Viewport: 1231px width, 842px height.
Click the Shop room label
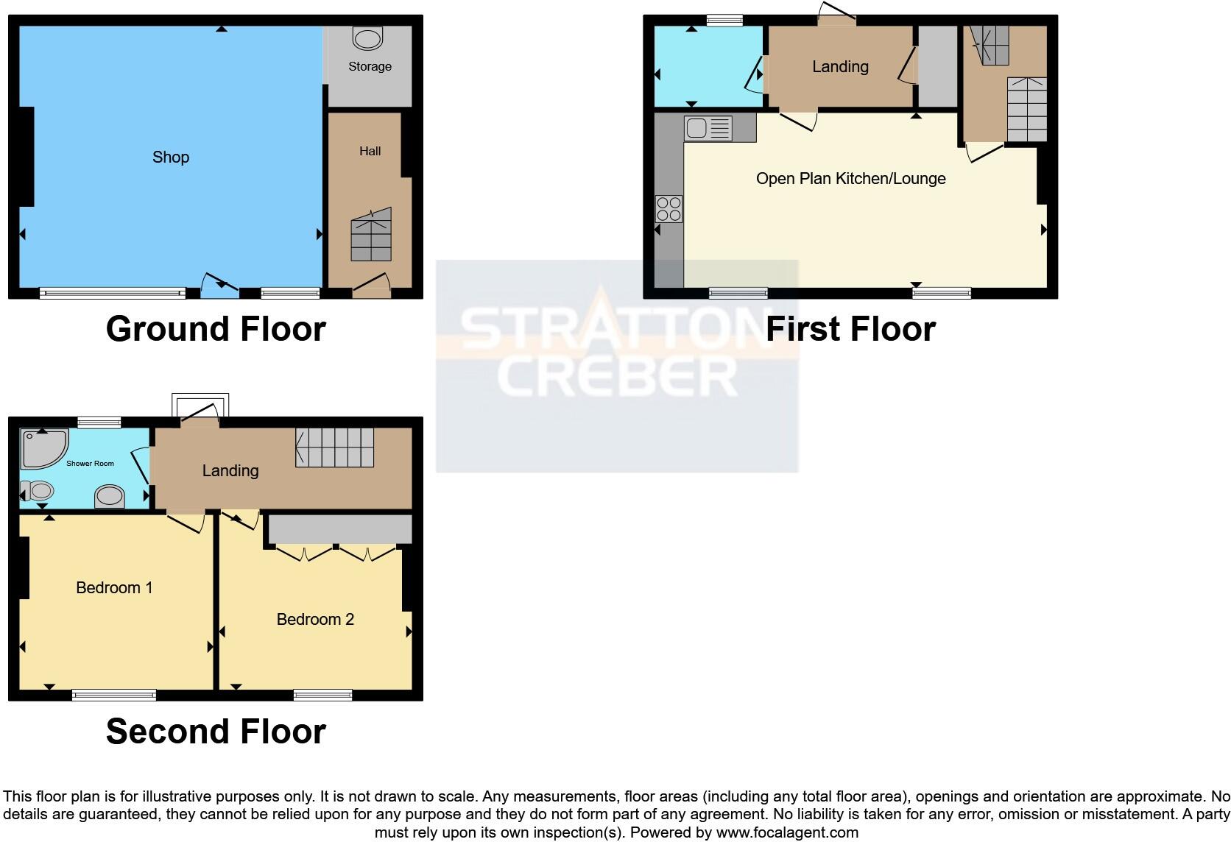click(x=171, y=157)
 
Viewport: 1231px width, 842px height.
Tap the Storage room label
click(x=370, y=66)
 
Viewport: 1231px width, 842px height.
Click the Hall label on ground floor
click(x=370, y=151)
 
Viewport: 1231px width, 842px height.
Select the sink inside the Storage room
click(x=367, y=38)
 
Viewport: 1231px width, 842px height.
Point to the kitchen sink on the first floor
click(x=708, y=129)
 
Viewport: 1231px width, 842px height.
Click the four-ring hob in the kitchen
click(x=669, y=208)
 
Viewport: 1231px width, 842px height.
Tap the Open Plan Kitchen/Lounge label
click(x=850, y=179)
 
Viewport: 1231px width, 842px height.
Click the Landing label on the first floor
click(x=840, y=67)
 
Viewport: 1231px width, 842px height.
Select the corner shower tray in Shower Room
click(x=43, y=448)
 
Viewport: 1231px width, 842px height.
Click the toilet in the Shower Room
click(x=37, y=491)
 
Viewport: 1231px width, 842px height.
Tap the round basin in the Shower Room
click(x=110, y=496)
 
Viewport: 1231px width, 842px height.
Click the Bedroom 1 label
click(x=114, y=587)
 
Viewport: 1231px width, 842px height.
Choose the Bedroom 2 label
click(x=315, y=619)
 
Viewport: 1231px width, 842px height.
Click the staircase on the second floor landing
click(x=335, y=447)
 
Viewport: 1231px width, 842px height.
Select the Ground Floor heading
click(x=216, y=329)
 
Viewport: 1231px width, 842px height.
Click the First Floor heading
click(x=850, y=329)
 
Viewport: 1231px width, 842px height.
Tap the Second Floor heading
click(x=216, y=732)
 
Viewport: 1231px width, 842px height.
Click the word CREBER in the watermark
click(x=617, y=376)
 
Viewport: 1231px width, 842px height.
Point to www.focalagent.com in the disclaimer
click(x=786, y=832)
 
